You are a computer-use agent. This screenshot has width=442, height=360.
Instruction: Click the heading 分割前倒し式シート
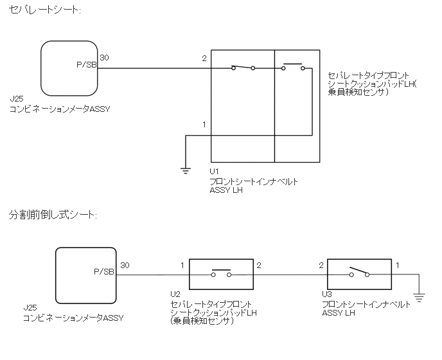coord(53,214)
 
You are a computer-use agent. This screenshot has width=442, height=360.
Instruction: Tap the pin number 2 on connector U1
coord(204,59)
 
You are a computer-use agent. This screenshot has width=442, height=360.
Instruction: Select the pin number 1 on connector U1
coord(204,124)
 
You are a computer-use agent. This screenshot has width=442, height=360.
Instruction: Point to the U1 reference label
coord(215,172)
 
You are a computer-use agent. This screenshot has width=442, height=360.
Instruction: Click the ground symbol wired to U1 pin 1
coord(185,170)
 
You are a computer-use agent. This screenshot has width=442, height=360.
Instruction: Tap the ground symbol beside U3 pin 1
coord(418,296)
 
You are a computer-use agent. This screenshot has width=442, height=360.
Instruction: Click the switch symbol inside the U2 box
coord(221,273)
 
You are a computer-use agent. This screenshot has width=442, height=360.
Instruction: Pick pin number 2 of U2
coord(258,265)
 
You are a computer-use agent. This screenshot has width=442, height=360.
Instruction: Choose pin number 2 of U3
coord(321,265)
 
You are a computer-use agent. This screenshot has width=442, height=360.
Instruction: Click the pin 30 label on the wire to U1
coord(104,58)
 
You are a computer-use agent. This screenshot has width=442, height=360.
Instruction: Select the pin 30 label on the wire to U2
coord(125,265)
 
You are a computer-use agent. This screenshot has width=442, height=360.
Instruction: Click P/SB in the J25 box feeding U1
coord(86,65)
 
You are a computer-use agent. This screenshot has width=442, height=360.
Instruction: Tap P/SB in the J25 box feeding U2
coord(104,273)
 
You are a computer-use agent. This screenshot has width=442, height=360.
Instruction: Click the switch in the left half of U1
coord(242,67)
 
